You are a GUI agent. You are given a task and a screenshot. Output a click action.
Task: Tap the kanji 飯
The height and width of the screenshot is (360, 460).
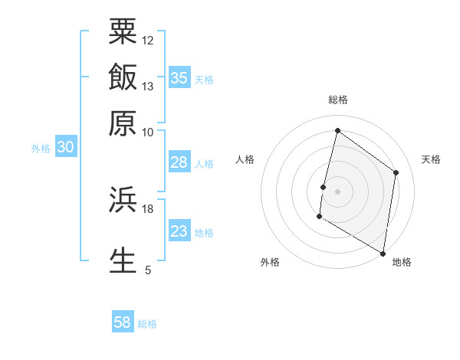click(123, 77)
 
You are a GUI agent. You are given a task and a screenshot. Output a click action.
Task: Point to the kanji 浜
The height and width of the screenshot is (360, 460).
click(123, 201)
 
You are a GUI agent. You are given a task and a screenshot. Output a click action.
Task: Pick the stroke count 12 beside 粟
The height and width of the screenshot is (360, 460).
click(148, 40)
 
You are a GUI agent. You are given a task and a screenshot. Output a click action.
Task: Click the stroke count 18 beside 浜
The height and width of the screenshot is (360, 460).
click(148, 208)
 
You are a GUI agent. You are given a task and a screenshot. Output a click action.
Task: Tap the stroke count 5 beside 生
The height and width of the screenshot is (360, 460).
click(148, 270)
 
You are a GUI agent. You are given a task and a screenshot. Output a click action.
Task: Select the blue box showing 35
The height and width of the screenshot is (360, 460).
click(179, 77)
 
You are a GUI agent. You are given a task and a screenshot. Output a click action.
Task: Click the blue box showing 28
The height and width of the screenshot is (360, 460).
click(179, 162)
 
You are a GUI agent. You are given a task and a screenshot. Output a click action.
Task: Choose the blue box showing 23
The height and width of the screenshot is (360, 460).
click(179, 231)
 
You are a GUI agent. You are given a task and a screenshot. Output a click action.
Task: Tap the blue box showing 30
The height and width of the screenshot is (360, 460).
click(65, 147)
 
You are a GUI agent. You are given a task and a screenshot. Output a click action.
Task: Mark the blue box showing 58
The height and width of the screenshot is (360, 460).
click(123, 322)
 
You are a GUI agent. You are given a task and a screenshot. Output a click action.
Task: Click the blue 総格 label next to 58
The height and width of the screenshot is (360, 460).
click(147, 324)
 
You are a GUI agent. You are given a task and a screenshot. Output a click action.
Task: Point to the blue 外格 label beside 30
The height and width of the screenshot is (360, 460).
click(41, 149)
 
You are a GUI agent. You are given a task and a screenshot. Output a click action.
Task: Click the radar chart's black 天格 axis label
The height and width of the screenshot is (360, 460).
click(431, 159)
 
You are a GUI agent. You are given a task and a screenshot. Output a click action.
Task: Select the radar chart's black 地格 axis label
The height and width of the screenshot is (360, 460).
click(402, 262)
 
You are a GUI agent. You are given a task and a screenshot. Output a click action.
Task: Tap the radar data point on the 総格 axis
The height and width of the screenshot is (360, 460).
click(337, 130)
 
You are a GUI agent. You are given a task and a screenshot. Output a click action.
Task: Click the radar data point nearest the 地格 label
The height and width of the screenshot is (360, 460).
click(383, 253)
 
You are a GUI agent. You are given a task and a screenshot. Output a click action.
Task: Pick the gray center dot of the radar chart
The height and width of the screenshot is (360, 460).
click(337, 191)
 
